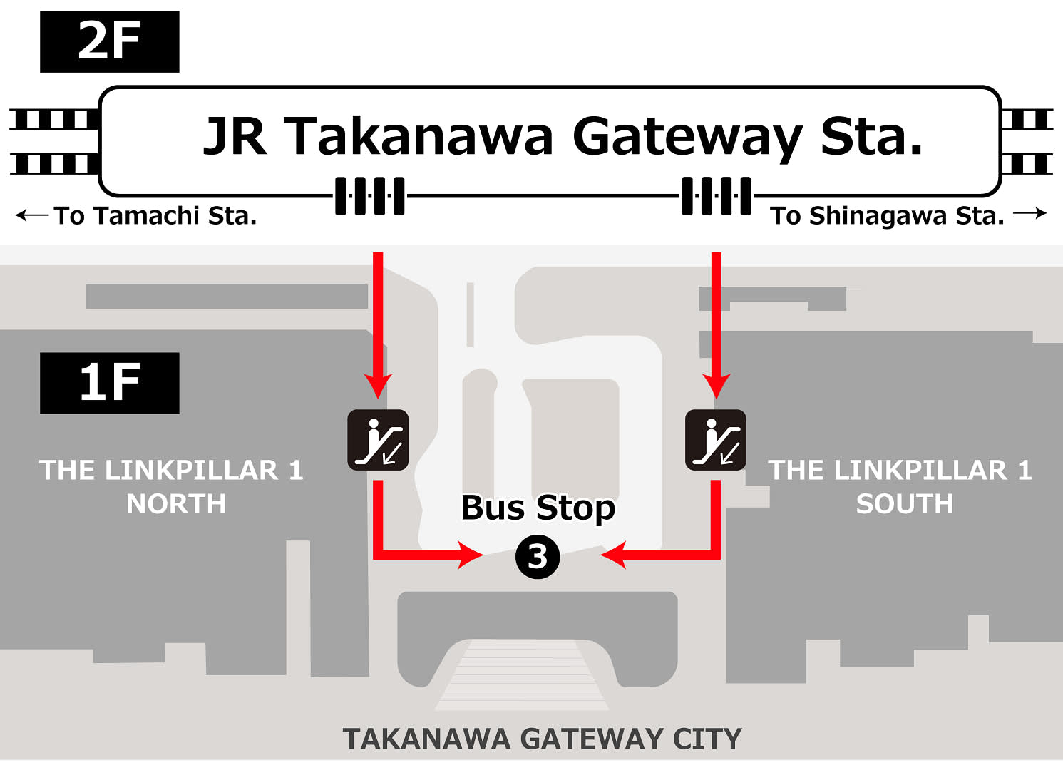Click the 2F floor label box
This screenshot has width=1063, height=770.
(x=109, y=41)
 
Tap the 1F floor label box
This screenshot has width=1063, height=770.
(x=109, y=383)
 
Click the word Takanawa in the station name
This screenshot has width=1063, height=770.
(x=418, y=136)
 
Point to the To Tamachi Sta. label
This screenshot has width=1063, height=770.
(x=155, y=215)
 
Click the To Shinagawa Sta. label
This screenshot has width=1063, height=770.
(x=887, y=215)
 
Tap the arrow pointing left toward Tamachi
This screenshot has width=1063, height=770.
(x=31, y=215)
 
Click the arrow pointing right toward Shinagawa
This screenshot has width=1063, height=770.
(x=1030, y=213)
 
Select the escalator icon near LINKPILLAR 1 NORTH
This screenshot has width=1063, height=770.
(x=378, y=440)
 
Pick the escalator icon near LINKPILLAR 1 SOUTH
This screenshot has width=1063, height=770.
(x=715, y=440)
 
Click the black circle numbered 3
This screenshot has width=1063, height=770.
(x=538, y=557)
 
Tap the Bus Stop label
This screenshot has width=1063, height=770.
(x=538, y=508)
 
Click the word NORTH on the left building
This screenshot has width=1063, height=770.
(x=176, y=504)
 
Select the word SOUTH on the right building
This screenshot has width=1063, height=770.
(x=904, y=504)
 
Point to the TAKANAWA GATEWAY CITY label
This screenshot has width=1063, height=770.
(x=542, y=739)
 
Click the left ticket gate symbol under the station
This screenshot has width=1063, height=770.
(x=370, y=196)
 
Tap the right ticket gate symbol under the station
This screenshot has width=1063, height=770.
(x=717, y=196)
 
